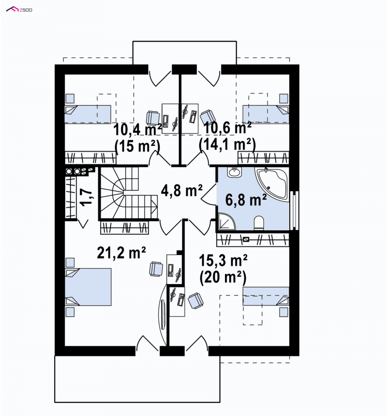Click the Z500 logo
click(19, 10)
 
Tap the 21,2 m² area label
click(121, 253)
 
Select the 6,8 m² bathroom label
click(246, 200)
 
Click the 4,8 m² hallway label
click(182, 191)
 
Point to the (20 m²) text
click(223, 277)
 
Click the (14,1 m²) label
click(227, 144)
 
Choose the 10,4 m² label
click(137, 130)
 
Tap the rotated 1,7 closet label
click(87, 197)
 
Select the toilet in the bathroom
click(259, 223)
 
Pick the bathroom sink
click(234, 172)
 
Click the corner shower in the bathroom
click(226, 221)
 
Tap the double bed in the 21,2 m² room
click(88, 287)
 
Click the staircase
click(129, 193)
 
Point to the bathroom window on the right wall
click(294, 210)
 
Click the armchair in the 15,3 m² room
click(195, 301)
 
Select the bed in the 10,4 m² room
click(88, 114)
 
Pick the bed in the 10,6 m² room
click(266, 114)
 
